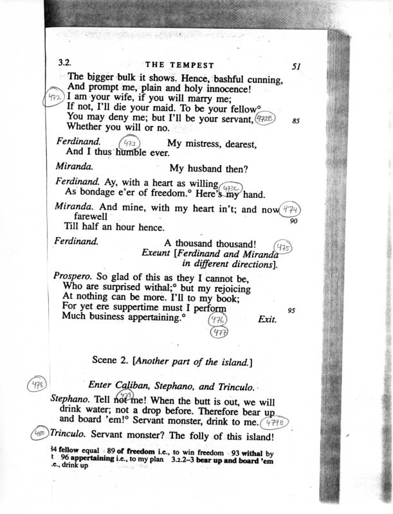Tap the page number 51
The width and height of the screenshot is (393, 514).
point(296,66)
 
